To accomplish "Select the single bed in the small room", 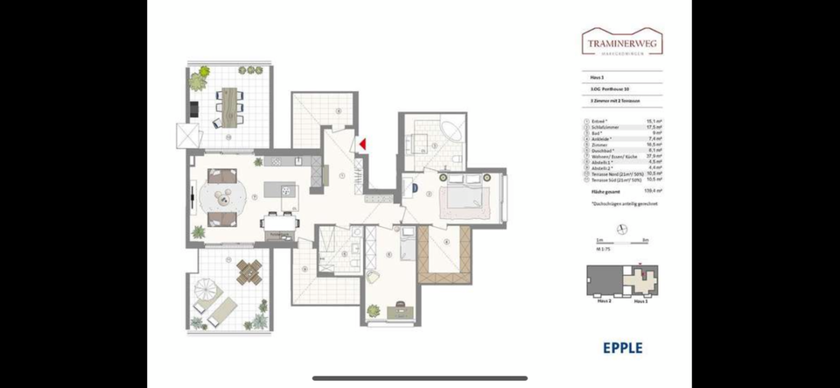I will (405, 244).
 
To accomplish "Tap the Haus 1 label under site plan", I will (640, 300).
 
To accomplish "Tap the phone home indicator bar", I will (420, 378).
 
